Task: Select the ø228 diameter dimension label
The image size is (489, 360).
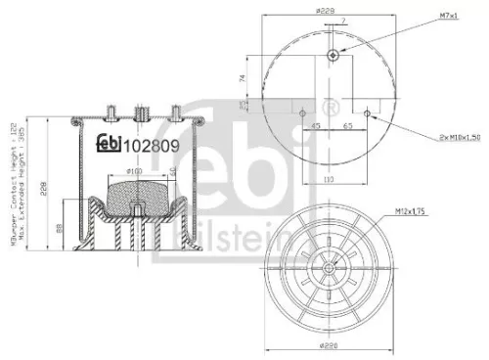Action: pyautogui.click(x=325, y=12)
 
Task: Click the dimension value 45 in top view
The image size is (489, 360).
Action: pyautogui.click(x=317, y=125)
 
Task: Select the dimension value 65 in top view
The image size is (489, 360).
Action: pyautogui.click(x=348, y=125)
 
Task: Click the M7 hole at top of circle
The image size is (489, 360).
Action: pyautogui.click(x=333, y=55)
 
